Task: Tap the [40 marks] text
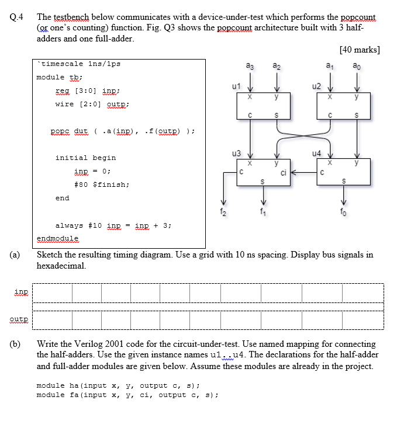coord(359,50)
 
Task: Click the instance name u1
coord(236,86)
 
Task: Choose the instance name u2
coord(317,86)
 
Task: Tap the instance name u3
coord(236,153)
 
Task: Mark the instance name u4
coord(317,153)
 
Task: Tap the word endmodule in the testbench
coord(57,238)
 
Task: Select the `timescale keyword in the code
coord(58,63)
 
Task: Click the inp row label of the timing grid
coord(20,291)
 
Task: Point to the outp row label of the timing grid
coord(20,319)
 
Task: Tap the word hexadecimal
coord(61,266)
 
